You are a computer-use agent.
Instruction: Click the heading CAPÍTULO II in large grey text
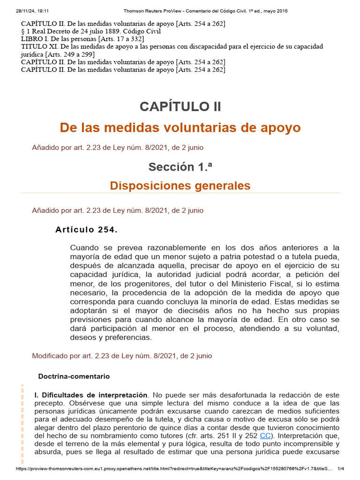point(180,106)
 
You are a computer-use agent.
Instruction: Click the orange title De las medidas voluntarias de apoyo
point(180,127)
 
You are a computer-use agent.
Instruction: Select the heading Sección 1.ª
point(180,166)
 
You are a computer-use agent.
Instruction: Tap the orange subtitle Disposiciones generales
point(180,186)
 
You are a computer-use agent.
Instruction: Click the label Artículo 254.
point(86,230)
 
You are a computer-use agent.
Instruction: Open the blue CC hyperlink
point(265,435)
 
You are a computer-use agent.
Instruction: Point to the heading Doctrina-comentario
point(74,376)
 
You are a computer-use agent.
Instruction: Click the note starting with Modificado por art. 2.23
point(122,356)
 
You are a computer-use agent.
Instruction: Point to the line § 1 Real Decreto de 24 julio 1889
point(91,31)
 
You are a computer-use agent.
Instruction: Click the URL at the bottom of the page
point(173,469)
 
